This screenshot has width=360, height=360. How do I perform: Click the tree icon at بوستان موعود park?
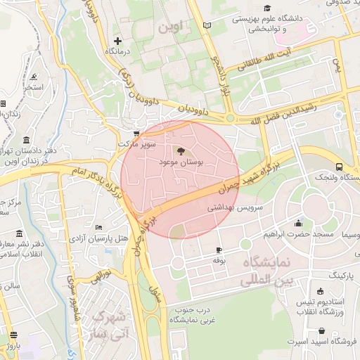coord(180,150)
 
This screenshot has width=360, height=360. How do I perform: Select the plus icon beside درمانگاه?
coord(117,41)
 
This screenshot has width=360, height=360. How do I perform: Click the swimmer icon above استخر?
coord(34,77)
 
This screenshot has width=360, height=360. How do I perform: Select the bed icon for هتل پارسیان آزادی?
coord(98,228)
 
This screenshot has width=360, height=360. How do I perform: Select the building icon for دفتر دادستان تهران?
coord(26,141)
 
